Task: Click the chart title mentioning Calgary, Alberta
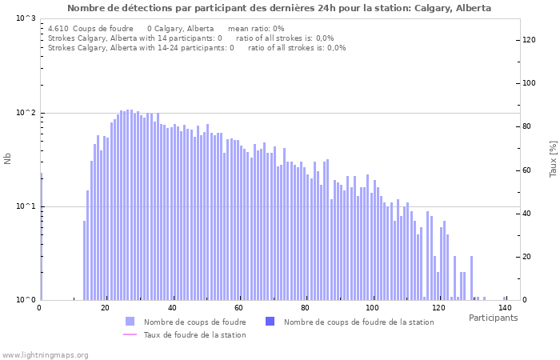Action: point(279,8)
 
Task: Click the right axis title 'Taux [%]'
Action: point(553,158)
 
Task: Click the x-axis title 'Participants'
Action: point(493,318)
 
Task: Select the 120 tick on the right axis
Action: point(529,40)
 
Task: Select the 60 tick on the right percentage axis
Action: point(527,170)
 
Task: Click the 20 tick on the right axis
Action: point(527,257)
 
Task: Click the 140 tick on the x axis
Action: point(505,307)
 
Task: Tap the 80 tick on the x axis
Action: point(305,307)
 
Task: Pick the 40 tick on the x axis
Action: point(172,307)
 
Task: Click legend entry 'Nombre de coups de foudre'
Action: point(194,322)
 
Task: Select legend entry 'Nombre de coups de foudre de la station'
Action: point(358,322)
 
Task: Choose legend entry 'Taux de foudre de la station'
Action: point(194,334)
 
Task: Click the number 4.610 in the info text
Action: point(58,28)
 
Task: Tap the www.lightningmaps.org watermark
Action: point(45,354)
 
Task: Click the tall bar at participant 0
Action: point(41,240)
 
